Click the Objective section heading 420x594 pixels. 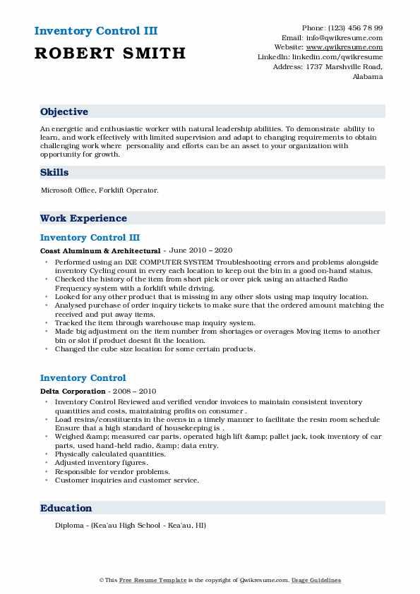pyautogui.click(x=64, y=112)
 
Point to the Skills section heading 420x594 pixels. pyautogui.click(x=54, y=172)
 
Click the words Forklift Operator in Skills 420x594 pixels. pyautogui.click(x=138, y=190)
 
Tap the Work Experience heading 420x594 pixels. pyautogui.click(x=83, y=219)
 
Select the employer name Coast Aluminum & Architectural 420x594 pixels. pyautogui.click(x=100, y=250)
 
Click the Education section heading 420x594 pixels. pyautogui.click(x=66, y=508)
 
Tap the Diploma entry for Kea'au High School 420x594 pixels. pyautogui.click(x=131, y=526)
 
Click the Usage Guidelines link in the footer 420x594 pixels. pyautogui.click(x=316, y=580)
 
